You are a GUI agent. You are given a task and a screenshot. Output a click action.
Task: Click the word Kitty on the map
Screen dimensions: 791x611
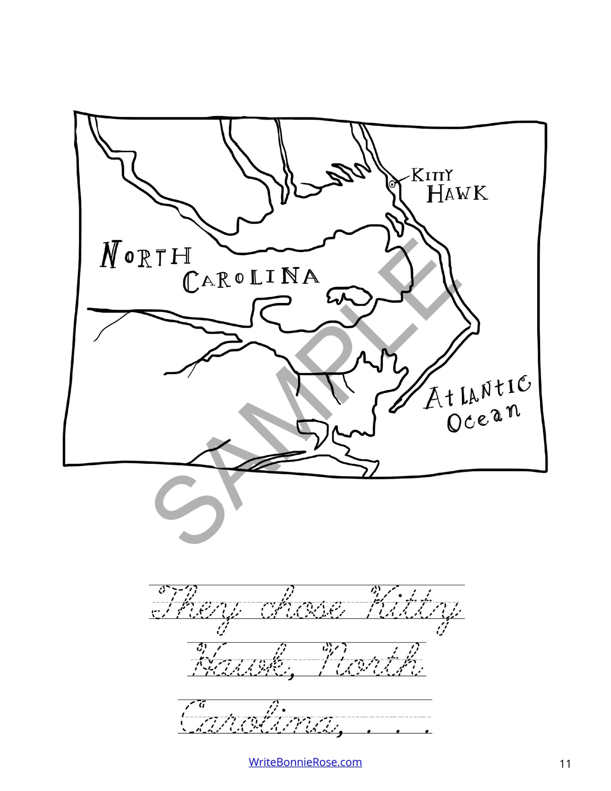(432, 176)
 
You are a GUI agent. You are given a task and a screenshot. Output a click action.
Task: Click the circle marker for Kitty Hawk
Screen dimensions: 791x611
(392, 184)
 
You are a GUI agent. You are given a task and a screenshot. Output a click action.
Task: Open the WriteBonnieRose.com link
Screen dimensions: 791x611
(305, 762)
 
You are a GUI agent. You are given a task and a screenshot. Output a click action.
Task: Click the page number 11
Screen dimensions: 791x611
(565, 764)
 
